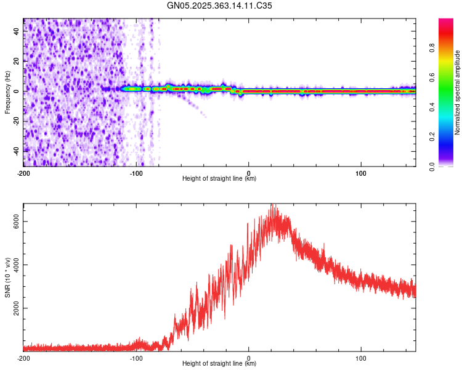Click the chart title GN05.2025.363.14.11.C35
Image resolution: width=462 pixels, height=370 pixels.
coord(220,6)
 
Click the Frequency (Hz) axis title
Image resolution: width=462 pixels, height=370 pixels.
coord(7,92)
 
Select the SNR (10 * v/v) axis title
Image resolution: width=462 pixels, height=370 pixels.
coord(7,277)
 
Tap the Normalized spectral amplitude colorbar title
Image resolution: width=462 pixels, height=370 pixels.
coord(458,92)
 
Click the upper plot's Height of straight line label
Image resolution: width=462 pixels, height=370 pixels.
coord(219,179)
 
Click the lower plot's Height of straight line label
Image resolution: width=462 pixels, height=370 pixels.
coord(219,364)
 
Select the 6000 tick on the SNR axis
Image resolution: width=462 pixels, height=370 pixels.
coord(15,221)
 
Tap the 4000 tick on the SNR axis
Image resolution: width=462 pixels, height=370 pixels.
coord(15,265)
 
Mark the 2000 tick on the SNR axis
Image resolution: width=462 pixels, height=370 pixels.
coord(15,308)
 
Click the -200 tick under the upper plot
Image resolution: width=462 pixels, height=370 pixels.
coord(23,173)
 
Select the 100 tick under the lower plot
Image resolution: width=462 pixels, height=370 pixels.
coord(361,358)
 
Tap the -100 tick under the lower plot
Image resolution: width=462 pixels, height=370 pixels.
coord(136,358)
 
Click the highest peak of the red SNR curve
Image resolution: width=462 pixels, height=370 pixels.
coord(273,204)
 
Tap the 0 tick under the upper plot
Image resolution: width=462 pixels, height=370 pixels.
coord(249,173)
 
